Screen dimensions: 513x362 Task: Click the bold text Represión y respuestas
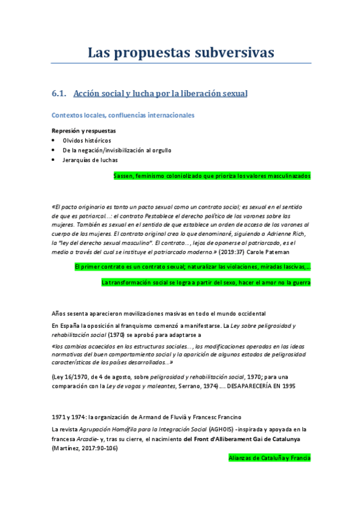83,130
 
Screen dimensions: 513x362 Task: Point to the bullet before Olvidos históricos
54,140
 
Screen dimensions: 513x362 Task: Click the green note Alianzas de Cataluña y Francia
269,458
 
